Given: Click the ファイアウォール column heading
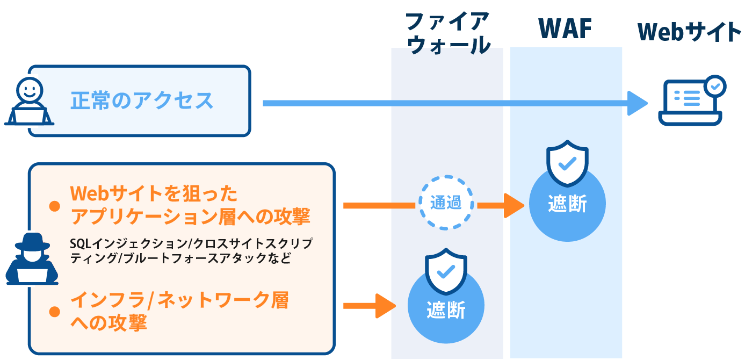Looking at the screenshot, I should [447, 34].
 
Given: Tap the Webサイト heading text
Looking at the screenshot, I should [689, 32].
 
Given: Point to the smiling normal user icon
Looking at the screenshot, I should [29, 102].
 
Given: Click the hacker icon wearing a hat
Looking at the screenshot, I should [32, 258].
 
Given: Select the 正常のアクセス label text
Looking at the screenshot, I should [142, 101].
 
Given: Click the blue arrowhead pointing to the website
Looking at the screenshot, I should [638, 103].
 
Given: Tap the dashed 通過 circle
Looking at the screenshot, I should [446, 203].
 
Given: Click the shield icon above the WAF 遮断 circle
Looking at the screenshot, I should [567, 162].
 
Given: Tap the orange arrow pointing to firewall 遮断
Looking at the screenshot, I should [371, 306].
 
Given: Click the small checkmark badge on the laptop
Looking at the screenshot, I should [714, 85].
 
